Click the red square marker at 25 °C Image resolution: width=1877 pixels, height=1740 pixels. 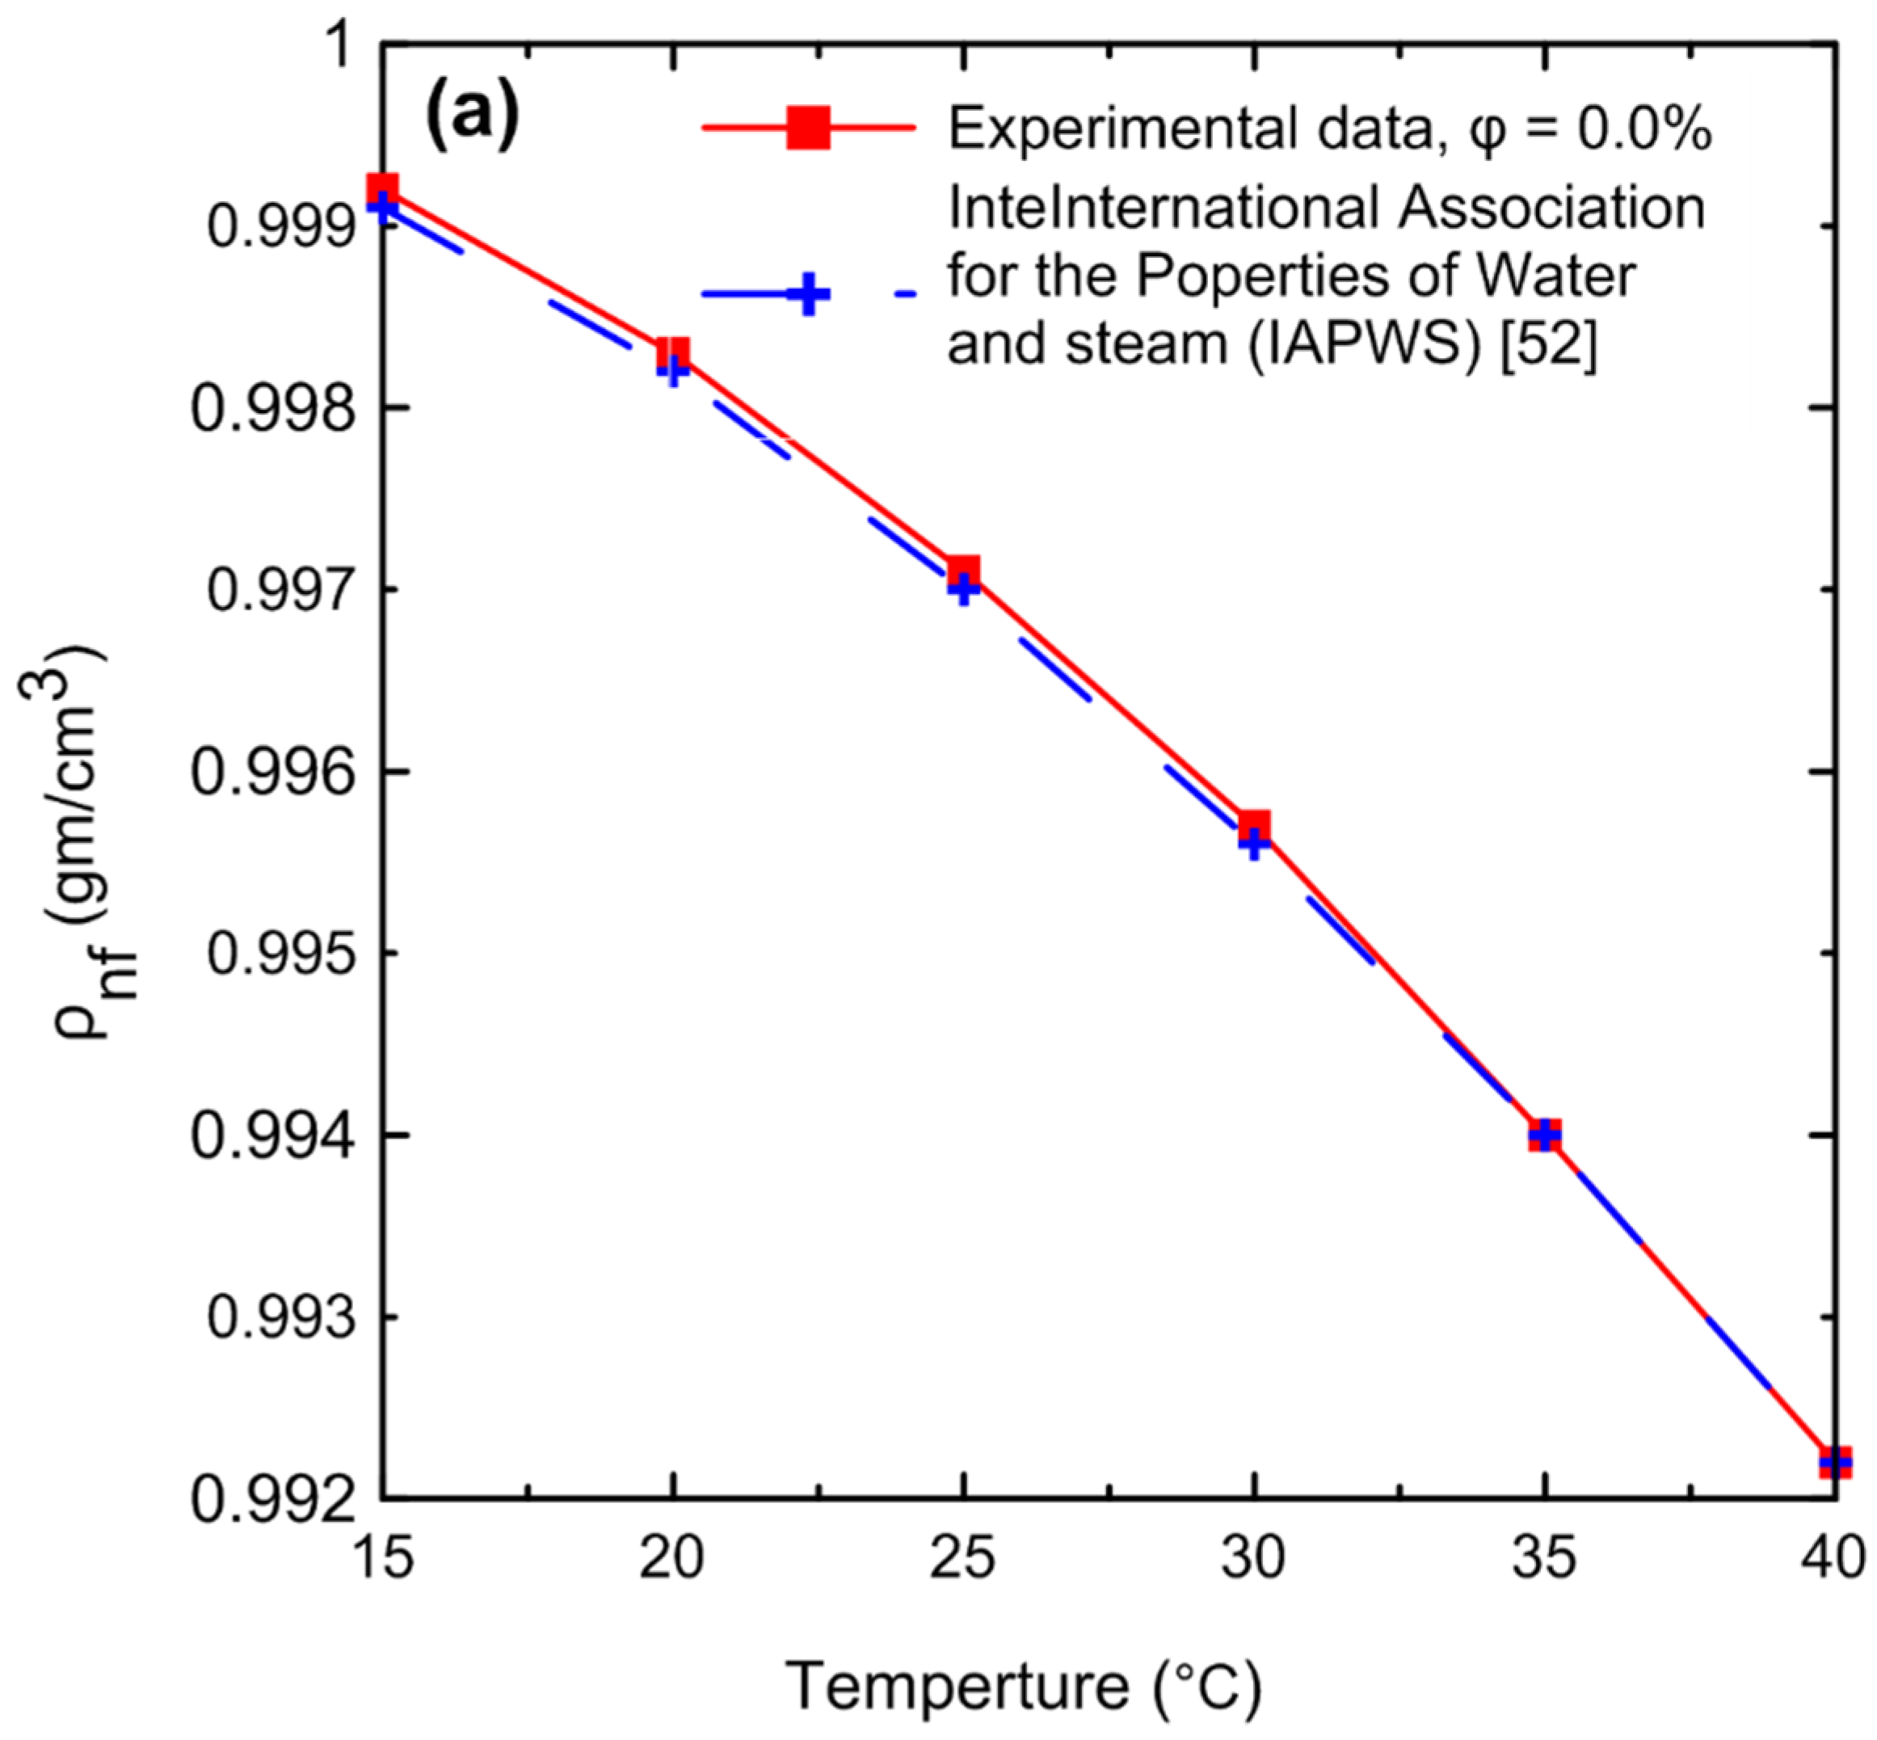[963, 571]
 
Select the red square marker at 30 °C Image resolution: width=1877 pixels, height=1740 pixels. [1254, 827]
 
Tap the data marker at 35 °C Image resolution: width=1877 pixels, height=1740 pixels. [1544, 1135]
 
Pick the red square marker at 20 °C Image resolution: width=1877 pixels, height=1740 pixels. [672, 355]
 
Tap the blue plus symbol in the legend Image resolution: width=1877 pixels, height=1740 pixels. [809, 295]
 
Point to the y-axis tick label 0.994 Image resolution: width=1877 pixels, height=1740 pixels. [269, 1135]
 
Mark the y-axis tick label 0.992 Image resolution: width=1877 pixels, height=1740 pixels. [269, 1499]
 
